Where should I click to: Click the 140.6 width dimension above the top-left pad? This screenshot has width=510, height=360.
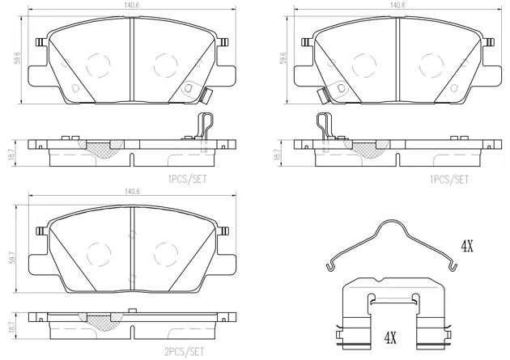(131, 5)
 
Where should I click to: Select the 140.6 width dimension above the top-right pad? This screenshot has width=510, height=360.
(397, 5)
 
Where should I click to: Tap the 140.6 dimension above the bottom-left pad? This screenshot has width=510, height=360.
(131, 191)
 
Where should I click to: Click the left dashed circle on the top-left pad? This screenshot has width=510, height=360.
(99, 63)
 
